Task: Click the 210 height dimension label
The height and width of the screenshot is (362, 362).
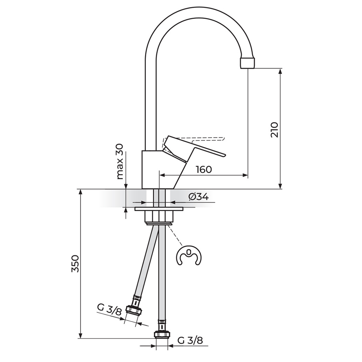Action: [274, 130]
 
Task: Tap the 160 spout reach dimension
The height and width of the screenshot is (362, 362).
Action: [204, 169]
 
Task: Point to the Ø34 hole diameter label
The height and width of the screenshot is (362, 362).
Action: [198, 197]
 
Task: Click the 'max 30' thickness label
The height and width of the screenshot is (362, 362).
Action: [120, 161]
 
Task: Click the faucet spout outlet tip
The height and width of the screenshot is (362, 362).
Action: [248, 63]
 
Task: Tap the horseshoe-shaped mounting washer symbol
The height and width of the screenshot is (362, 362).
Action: [189, 257]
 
